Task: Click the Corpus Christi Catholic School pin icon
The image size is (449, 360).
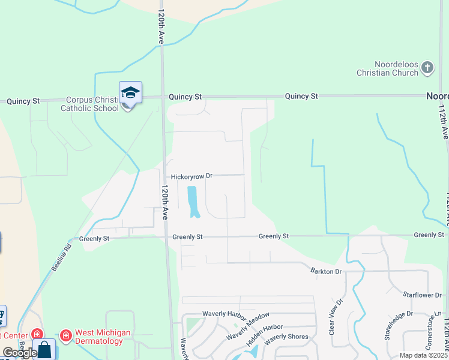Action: coord(130,94)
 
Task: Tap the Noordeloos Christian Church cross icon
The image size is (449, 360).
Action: coord(427,67)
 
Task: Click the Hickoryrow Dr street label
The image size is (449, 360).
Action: coord(192,176)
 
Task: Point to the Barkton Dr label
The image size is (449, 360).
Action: coord(327,271)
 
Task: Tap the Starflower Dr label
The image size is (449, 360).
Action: coord(423,295)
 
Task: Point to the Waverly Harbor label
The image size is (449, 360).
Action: coord(224,314)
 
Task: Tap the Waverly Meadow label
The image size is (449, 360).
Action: coord(248,327)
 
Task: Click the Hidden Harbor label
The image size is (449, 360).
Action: coord(264,336)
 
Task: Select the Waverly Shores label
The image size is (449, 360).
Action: coord(287,337)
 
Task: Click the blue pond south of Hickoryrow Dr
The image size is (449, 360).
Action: coord(193,202)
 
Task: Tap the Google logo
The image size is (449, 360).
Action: coord(20,352)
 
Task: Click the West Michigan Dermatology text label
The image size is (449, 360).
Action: coord(98,337)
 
